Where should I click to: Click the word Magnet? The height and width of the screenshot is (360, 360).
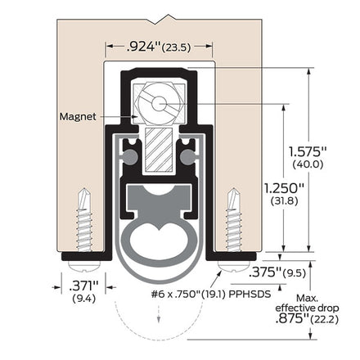click(x=78, y=117)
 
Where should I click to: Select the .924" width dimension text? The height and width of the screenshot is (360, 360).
click(x=144, y=47)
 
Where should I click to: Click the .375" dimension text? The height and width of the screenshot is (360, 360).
click(x=265, y=272)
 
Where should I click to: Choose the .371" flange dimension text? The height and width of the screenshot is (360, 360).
click(x=83, y=286)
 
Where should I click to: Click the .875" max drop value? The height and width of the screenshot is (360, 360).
click(x=292, y=318)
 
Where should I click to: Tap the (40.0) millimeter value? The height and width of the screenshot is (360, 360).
click(x=308, y=164)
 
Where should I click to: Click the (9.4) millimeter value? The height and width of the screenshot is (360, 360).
click(x=84, y=299)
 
